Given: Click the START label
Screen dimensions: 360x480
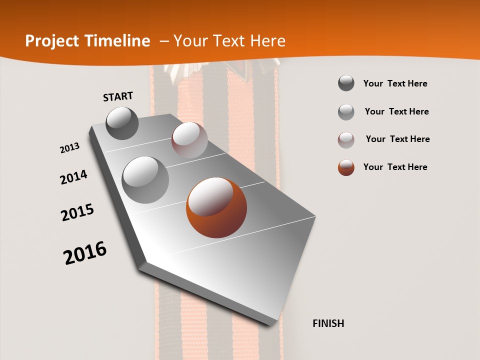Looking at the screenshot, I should tap(118, 96).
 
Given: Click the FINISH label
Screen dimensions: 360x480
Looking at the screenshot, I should tap(328, 323).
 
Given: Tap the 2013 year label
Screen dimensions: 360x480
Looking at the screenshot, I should tap(69, 148).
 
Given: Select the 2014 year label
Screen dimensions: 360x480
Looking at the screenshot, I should tap(73, 177).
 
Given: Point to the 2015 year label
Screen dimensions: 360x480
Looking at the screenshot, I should tap(77, 212).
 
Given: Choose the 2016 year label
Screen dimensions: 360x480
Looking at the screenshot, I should tap(85, 253).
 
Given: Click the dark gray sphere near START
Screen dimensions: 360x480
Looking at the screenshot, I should tap(122, 123).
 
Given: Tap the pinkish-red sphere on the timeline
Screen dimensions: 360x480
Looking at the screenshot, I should tap(189, 140).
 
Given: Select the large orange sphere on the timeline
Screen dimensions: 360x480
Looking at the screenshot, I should tap(216, 207).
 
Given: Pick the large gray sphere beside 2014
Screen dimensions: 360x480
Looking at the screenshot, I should tap(145, 180).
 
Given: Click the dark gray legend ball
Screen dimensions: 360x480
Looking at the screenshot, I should tap(346, 83).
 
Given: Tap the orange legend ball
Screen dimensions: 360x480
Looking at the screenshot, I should tap(346, 167).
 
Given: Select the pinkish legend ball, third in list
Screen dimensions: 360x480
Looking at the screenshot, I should tap(346, 140).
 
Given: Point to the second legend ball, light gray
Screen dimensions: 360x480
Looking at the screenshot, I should tap(346, 112).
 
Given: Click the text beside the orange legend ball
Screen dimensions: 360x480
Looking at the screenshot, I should tap(395, 167).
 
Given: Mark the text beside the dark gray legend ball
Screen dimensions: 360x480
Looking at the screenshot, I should tap(395, 83).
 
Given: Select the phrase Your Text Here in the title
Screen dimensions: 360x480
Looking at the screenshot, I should tap(229, 41).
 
